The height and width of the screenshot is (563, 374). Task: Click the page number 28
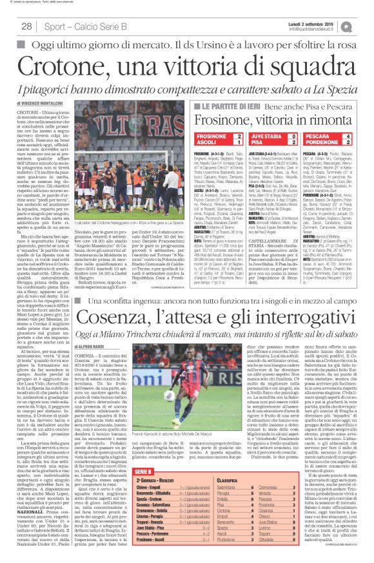point(27,26)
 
